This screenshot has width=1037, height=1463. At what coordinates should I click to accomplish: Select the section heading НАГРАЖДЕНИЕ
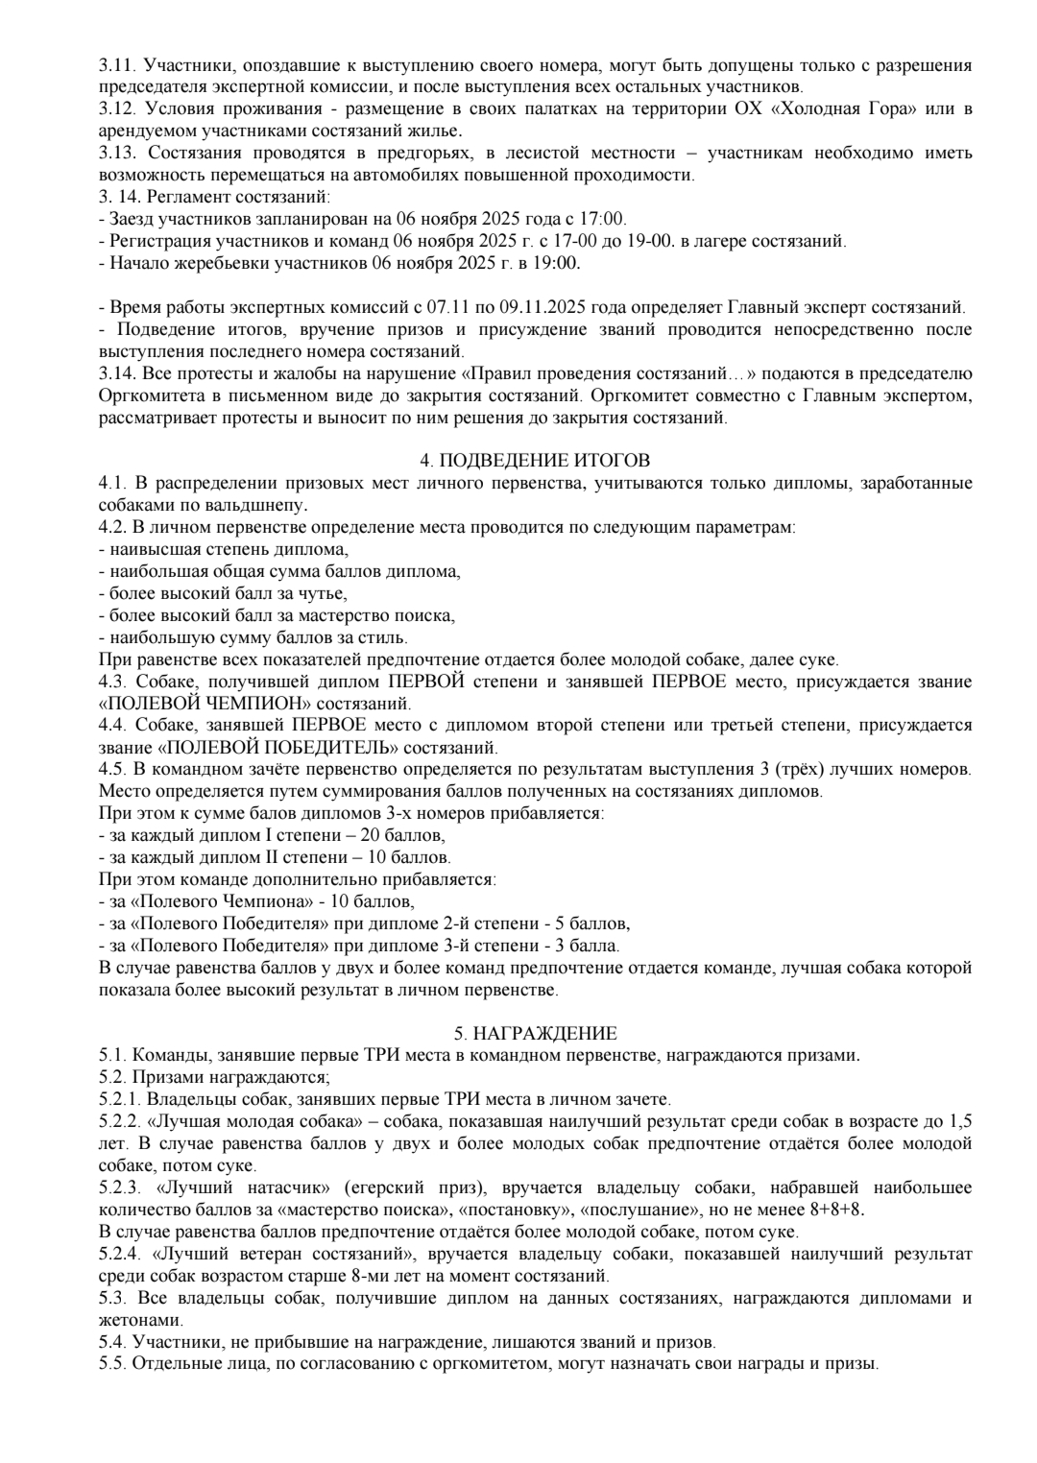(x=535, y=1034)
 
